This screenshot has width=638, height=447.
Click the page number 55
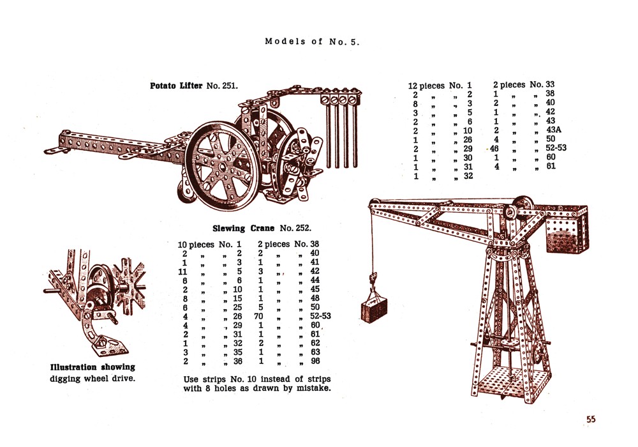591,419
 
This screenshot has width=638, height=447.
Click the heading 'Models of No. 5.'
312,42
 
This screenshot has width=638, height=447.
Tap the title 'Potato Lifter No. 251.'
194,86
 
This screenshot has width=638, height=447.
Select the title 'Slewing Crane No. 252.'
262,229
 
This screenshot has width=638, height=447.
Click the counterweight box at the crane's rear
567,231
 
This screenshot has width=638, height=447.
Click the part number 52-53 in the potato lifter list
556,148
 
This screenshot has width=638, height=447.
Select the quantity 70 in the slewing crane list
258,316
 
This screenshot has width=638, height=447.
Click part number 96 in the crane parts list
315,361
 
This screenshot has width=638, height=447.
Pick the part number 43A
553,130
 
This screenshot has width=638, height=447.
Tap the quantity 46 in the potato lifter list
494,149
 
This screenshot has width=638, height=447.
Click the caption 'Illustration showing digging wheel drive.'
93,373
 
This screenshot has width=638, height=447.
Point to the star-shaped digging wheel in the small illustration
130,287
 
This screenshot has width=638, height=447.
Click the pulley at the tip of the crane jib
374,202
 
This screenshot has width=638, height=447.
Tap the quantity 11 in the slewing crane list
182,271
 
